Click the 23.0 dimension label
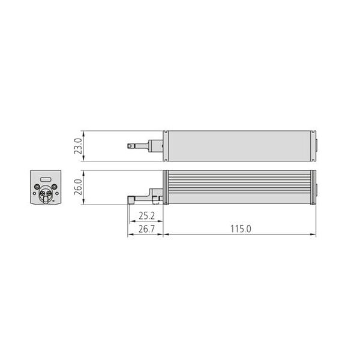(78, 146)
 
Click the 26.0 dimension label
(78, 187)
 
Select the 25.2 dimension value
(147, 215)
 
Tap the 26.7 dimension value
(147, 229)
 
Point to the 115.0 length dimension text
(241, 229)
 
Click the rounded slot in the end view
(46, 179)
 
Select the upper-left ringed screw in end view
(37, 187)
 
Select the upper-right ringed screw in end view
(55, 187)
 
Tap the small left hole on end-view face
(34, 193)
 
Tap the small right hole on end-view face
(57, 193)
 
